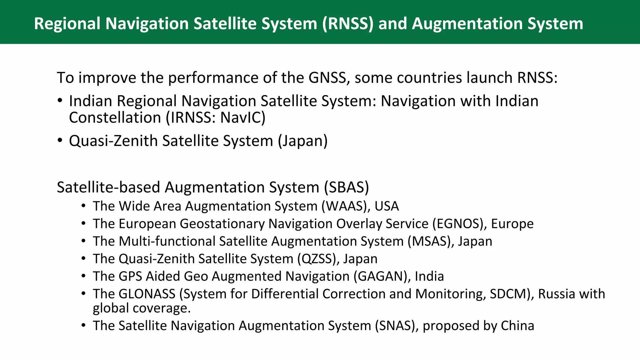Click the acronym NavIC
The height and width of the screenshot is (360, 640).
241,118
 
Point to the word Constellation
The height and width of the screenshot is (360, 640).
115,118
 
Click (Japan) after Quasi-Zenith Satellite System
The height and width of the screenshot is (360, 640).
303,141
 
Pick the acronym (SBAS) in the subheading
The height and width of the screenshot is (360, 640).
347,187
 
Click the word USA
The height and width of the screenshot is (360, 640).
387,206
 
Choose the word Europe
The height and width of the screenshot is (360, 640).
512,224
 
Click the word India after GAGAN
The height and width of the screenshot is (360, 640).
429,276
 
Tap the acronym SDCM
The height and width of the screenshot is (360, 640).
508,294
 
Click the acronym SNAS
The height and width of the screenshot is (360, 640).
395,326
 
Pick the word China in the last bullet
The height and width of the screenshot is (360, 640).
517,326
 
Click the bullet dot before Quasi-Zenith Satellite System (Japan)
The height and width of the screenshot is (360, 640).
60,140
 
